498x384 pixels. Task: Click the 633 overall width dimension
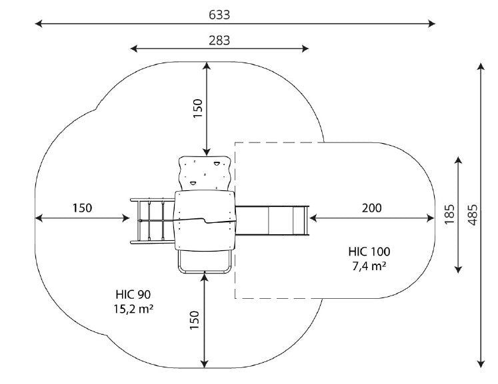coord(219,15)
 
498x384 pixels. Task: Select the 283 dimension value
coord(219,41)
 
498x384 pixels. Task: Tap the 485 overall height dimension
coord(473,215)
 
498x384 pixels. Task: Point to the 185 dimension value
coord(449,215)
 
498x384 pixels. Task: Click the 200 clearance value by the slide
coord(371,208)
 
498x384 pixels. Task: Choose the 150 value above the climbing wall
coord(197,108)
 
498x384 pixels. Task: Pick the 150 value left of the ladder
coord(82,208)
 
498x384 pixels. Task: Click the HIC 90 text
coord(133,295)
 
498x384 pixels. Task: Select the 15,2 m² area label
coord(133,309)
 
